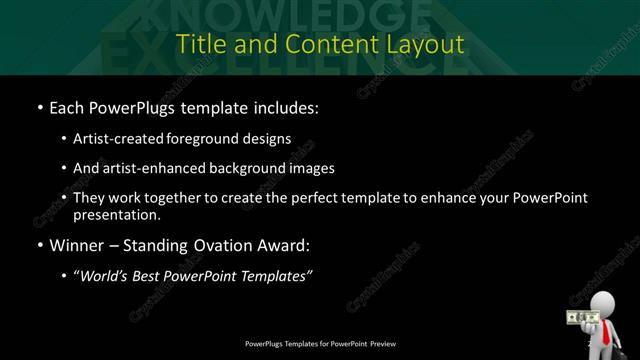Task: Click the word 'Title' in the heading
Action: click(197, 44)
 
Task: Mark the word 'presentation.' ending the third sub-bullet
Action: click(116, 214)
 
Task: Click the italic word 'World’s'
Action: click(106, 276)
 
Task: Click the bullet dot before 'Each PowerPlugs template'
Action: click(39, 106)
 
